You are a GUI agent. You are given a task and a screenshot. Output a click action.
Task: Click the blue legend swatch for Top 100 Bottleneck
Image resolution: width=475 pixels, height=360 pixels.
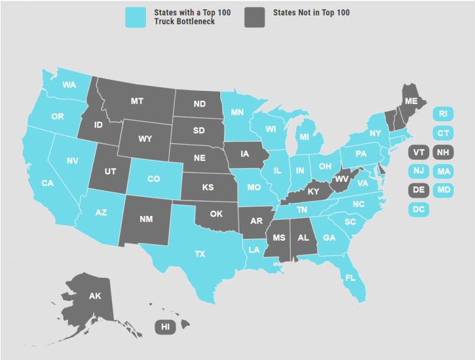(135, 17)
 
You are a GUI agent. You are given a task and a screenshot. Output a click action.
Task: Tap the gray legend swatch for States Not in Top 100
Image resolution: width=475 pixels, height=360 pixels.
(255, 17)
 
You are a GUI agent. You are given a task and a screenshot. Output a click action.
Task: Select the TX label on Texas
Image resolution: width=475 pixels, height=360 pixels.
(200, 254)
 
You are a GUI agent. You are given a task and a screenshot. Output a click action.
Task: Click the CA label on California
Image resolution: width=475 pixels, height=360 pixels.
(48, 183)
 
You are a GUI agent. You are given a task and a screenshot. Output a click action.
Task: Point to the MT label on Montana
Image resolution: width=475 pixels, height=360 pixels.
(137, 100)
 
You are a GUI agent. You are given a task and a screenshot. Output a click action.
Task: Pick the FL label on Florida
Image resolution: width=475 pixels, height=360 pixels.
(350, 277)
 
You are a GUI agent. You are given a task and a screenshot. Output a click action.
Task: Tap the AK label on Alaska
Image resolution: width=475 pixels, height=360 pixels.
(95, 296)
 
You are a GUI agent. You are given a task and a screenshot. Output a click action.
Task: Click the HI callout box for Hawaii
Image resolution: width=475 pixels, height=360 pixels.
(165, 327)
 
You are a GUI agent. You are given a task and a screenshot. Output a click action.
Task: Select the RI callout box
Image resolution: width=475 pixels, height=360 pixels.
(443, 114)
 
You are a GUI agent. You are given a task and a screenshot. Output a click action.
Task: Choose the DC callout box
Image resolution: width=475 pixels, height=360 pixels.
(419, 210)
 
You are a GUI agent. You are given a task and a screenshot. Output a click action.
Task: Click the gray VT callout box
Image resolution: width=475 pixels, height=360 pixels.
(419, 152)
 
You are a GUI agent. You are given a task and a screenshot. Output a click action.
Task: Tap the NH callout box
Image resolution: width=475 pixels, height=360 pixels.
(443, 152)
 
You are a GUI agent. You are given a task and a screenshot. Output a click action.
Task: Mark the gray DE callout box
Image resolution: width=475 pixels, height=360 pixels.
(419, 191)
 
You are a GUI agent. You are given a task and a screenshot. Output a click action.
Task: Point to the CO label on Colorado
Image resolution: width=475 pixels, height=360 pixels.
(153, 179)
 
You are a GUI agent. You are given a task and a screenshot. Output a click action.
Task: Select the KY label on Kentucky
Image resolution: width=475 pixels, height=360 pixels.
(314, 192)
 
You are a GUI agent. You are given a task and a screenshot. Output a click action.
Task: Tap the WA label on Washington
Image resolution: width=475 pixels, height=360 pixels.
(69, 85)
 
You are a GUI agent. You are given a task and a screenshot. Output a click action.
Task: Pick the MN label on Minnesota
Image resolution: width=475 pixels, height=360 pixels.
(237, 113)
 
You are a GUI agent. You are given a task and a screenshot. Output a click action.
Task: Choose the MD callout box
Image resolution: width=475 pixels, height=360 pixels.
(443, 191)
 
